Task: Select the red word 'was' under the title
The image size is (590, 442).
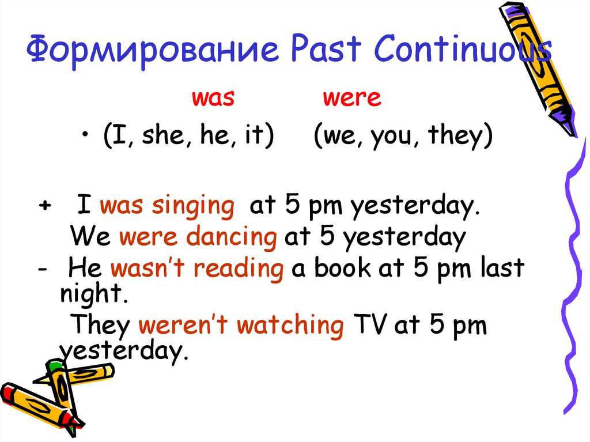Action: click(213, 98)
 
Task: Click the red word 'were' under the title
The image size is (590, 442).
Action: click(351, 98)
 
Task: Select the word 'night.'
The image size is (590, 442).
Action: click(93, 295)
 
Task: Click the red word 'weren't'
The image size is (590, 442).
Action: click(184, 326)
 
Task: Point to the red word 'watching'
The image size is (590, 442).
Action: click(290, 326)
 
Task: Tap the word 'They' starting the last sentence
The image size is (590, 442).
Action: click(100, 326)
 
